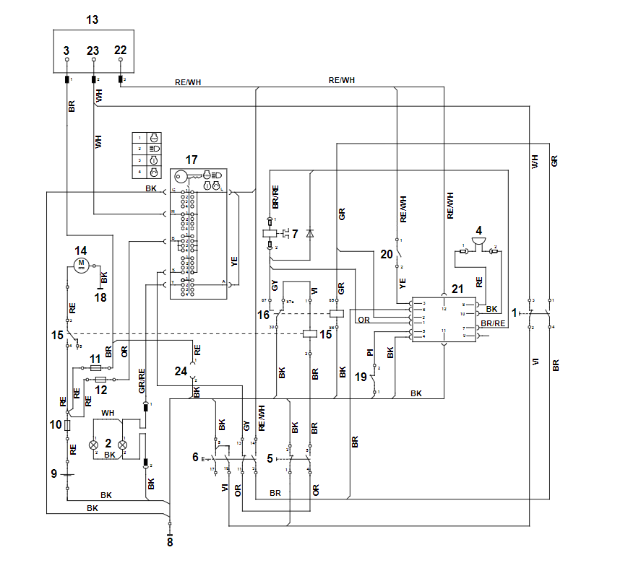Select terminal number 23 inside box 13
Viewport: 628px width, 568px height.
93,51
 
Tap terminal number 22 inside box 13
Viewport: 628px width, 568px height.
120,50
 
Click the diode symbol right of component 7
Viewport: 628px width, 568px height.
310,232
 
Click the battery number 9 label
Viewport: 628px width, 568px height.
53,474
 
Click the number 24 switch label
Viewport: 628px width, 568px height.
180,370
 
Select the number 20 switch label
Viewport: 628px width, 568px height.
386,254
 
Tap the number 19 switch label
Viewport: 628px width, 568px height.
361,377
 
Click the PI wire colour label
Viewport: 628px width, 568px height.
370,352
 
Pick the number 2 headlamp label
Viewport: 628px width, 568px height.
108,444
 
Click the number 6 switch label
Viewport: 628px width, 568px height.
195,456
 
